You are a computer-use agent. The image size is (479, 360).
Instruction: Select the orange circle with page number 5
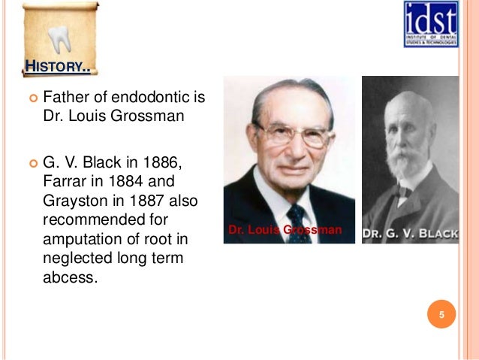point(441,314)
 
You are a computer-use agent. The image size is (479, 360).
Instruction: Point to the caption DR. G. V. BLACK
point(410,234)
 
